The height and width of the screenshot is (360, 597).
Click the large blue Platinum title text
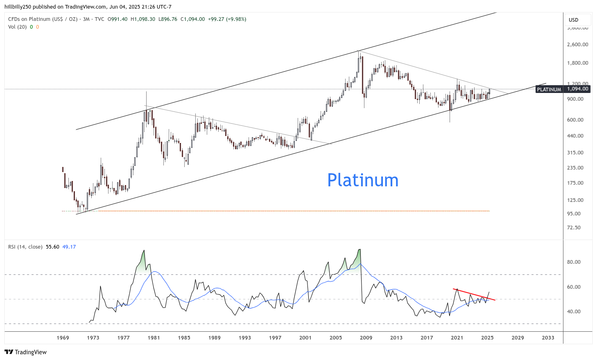363,180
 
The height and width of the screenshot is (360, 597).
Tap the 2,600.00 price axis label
577,45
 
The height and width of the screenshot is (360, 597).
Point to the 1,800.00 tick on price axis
577,63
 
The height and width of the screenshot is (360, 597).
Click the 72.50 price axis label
574,228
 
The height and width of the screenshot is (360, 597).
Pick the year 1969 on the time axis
63,338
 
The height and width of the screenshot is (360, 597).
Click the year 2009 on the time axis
366,338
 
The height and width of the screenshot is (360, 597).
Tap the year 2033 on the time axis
548,338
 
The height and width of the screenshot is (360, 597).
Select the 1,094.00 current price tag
577,89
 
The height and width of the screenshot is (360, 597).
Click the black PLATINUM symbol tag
549,89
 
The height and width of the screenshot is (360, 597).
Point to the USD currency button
574,20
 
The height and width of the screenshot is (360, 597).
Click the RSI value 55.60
52,247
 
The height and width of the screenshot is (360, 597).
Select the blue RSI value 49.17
69,247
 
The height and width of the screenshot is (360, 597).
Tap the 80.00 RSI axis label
574,262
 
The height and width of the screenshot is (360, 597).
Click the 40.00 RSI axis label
574,312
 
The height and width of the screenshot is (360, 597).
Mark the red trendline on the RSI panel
474,294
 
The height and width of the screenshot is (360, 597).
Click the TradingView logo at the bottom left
25,352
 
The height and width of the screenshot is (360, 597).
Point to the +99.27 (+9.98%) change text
227,19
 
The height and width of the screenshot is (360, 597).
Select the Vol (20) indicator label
17,27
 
